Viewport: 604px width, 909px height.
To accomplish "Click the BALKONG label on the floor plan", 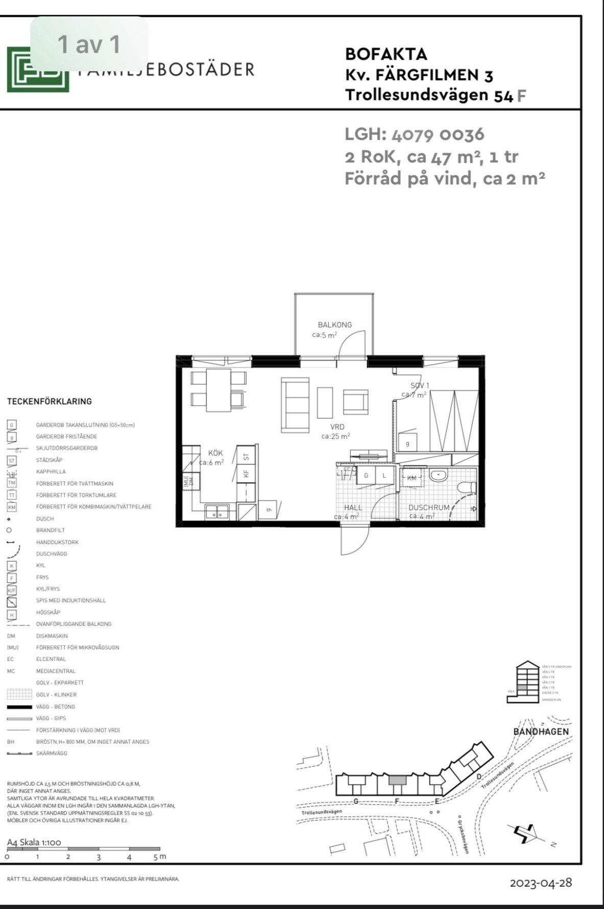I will coord(334,325).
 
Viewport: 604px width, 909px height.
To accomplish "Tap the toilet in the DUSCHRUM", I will coord(467,488).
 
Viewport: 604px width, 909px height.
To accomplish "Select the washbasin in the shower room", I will coord(439,476).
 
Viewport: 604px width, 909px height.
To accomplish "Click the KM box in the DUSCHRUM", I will coord(412,478).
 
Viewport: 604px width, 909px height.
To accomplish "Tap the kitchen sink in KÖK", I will coord(217,511).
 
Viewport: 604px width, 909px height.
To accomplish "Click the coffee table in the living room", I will coord(325,402).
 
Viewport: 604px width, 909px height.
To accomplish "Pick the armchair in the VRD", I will coord(355,402).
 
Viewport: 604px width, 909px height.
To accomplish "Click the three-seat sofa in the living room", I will coord(296,404).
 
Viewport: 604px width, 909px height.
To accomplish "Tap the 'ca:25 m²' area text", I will coord(335,436).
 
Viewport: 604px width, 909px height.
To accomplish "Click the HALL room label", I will coord(353,507).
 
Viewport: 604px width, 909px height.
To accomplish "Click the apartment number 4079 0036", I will coord(438,135).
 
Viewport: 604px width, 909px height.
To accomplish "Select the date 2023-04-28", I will coord(541,883).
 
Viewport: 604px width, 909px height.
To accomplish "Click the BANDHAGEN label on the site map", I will coord(541,731).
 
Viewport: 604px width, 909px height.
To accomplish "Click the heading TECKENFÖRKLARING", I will coord(50,402).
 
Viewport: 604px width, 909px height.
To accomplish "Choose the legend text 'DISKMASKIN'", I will coord(52,636).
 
